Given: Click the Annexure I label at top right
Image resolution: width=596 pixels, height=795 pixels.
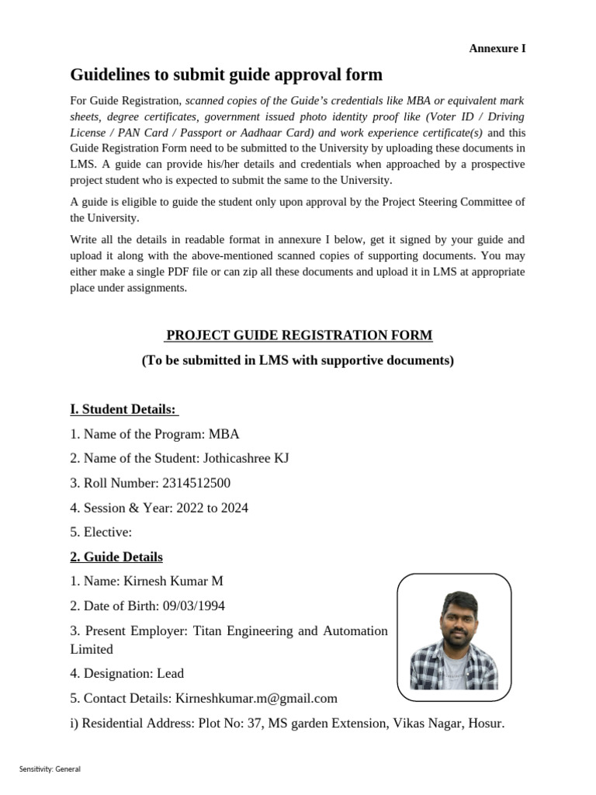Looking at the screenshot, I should (497, 48).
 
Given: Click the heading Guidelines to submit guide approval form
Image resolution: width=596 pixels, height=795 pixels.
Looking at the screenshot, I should (226, 75).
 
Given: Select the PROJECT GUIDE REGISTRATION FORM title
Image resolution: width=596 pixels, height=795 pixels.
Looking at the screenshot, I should (299, 335).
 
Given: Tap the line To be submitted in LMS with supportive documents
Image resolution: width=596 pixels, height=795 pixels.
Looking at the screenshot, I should (298, 360).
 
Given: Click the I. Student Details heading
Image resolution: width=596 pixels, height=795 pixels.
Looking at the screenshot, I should (124, 409).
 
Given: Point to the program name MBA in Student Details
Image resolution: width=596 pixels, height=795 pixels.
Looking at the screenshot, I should (224, 434).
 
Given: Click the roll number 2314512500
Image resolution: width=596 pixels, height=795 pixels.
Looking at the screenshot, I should (196, 483).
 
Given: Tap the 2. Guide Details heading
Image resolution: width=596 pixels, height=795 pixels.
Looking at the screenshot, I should (116, 557).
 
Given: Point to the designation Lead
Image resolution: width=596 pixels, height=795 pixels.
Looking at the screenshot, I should (170, 673).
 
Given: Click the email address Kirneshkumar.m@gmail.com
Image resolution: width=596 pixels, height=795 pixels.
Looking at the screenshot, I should (256, 698).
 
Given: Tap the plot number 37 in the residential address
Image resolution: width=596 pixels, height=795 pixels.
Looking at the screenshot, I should (250, 723).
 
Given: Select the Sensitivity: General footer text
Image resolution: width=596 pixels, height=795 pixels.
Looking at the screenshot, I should (50, 769).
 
